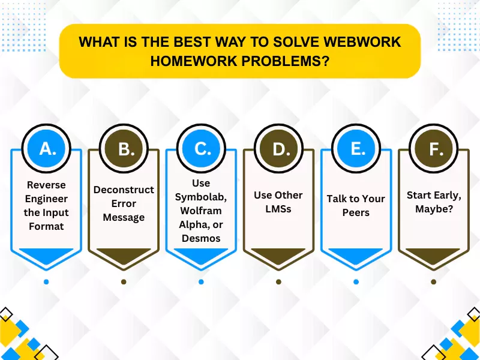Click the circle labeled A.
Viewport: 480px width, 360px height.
tap(46, 148)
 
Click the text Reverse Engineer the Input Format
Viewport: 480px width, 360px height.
tap(46, 205)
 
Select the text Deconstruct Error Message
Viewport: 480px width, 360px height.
tap(124, 203)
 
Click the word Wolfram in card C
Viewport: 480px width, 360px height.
tap(201, 210)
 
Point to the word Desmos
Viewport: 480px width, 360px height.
tap(201, 238)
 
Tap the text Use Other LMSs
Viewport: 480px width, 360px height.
tap(278, 202)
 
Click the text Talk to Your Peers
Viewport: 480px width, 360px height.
tap(356, 205)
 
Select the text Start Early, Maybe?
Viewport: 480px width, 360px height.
tap(433, 202)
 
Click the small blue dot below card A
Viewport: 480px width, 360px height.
tap(46, 281)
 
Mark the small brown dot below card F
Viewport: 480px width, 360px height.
tap(433, 281)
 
